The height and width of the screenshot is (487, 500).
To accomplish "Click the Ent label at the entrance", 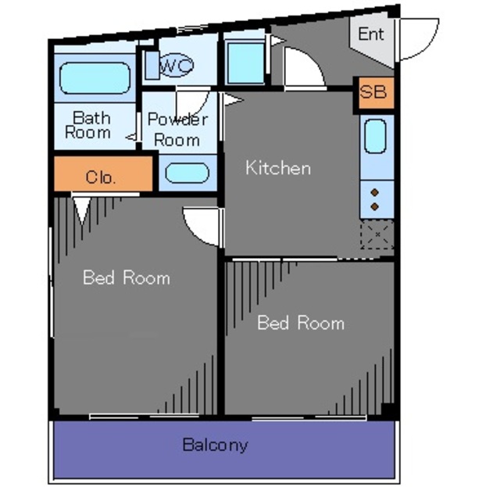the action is pyautogui.click(x=371, y=34).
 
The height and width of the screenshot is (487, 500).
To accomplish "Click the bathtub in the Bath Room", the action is pyautogui.click(x=95, y=78).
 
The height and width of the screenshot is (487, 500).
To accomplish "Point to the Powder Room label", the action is pyautogui.click(x=177, y=129).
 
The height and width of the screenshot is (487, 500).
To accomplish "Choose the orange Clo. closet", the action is pyautogui.click(x=103, y=174).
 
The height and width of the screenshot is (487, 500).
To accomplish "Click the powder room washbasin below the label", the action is pyautogui.click(x=187, y=173).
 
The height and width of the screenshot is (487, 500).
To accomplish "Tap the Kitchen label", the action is pyautogui.click(x=278, y=168).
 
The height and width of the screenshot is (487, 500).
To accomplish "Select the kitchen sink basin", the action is pyautogui.click(x=375, y=136).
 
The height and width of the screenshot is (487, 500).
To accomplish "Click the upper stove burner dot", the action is pyautogui.click(x=375, y=192).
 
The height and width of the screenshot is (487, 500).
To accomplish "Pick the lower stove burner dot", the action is pyautogui.click(x=375, y=206).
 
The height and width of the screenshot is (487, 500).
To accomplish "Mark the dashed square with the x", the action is pyautogui.click(x=377, y=235).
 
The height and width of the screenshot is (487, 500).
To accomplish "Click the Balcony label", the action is pyautogui.click(x=216, y=445).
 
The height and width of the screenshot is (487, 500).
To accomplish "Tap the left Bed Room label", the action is pyautogui.click(x=127, y=278).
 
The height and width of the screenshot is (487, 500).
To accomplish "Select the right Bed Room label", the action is pyautogui.click(x=301, y=323).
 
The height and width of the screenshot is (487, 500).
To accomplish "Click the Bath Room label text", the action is pyautogui.click(x=87, y=125).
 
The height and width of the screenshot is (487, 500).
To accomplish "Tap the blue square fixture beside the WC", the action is pyautogui.click(x=245, y=63).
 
